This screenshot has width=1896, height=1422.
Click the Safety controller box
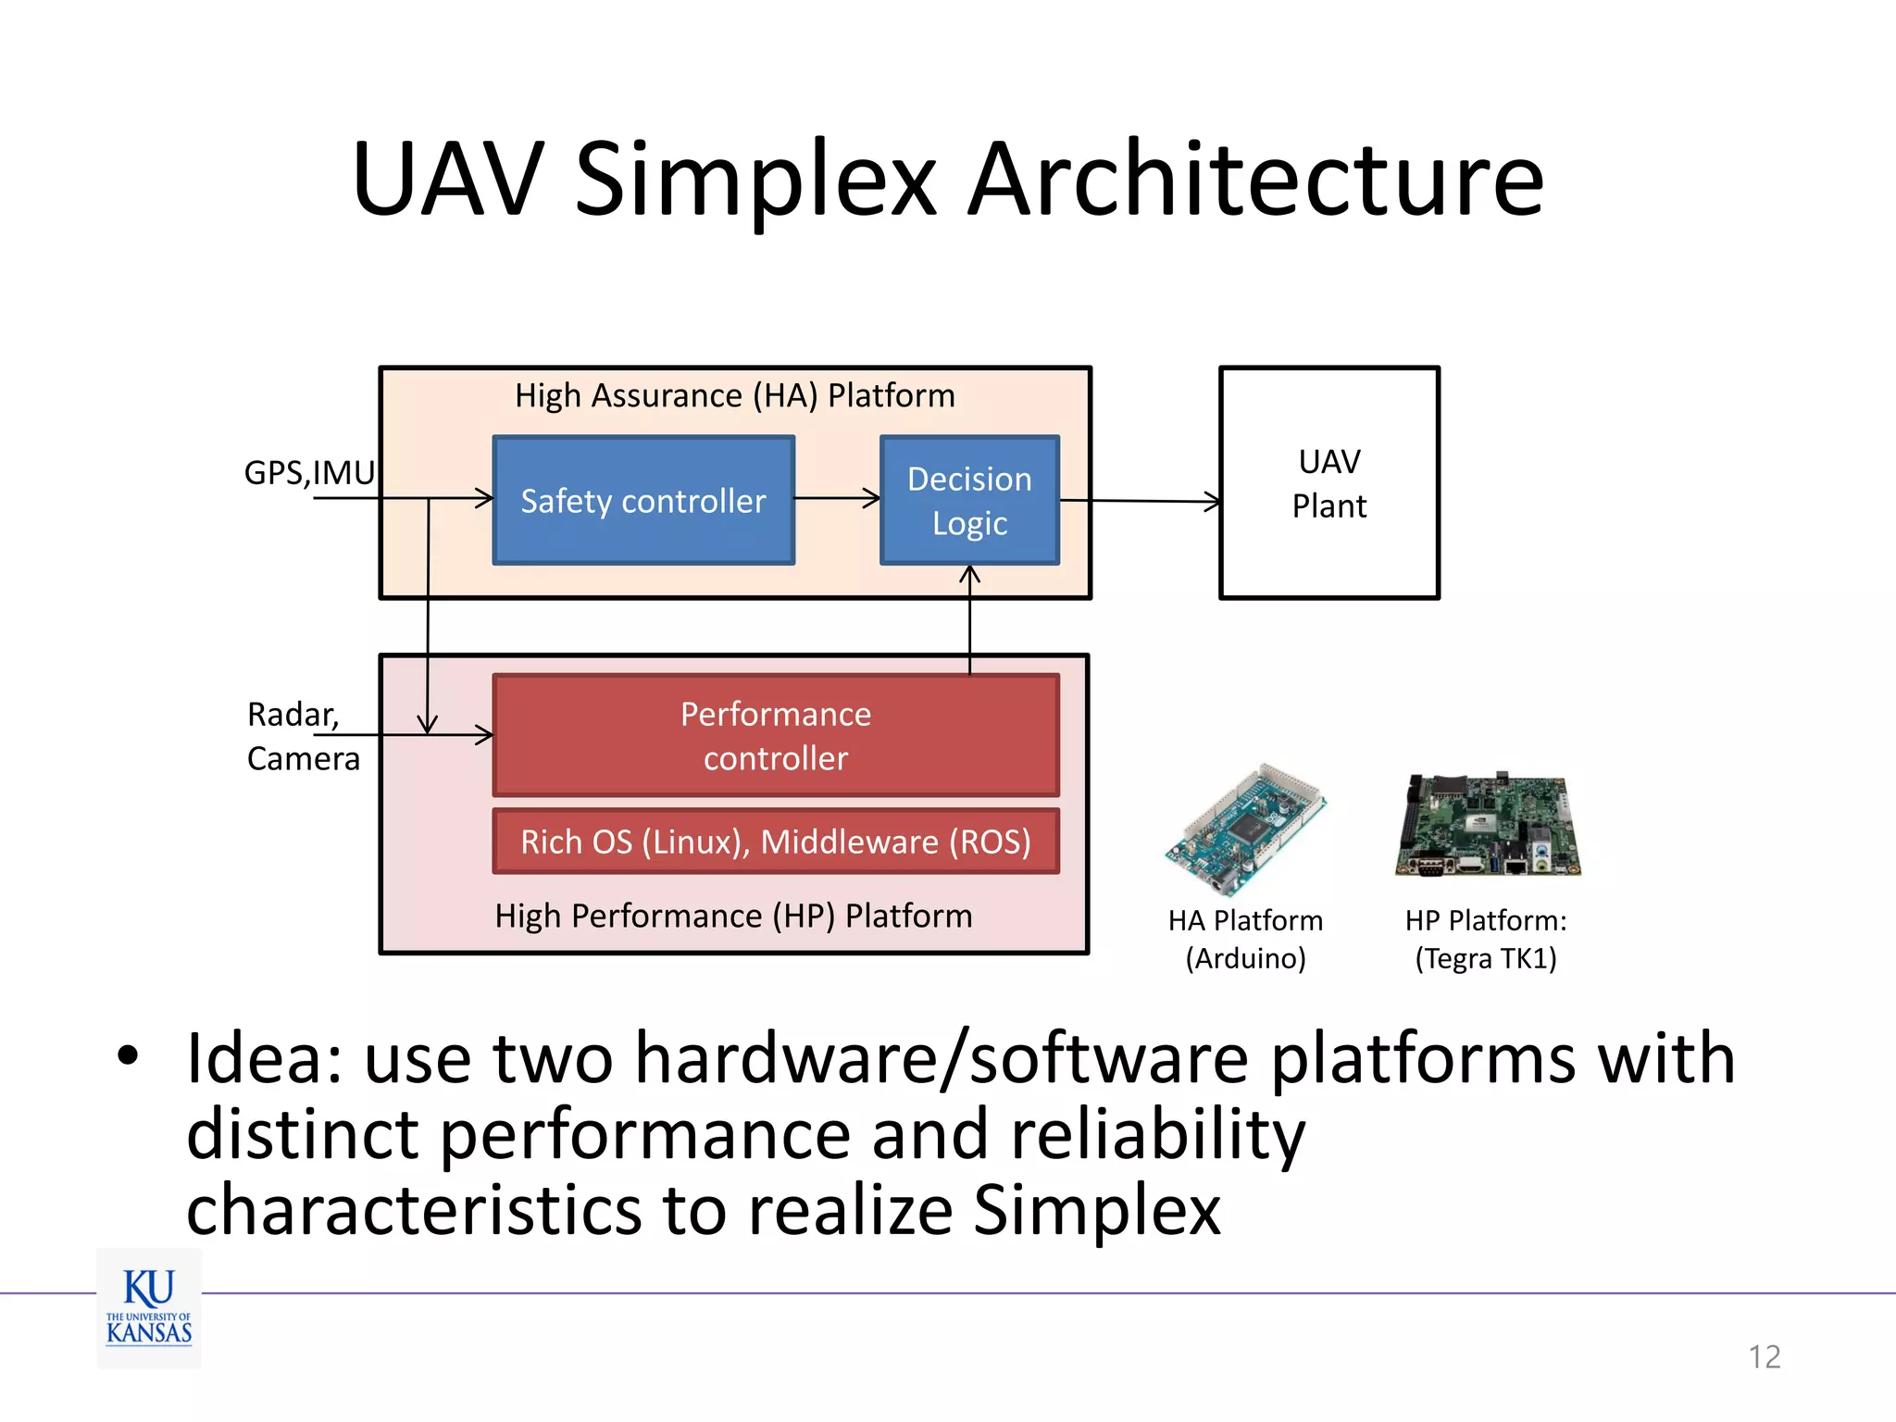point(643,500)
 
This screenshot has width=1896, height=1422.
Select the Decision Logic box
point(969,500)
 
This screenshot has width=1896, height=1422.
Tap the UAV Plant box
point(1328,483)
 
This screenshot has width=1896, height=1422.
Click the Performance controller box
point(775,735)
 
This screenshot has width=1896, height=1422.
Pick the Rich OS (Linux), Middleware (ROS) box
point(775,842)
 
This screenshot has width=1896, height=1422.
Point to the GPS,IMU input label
point(309,473)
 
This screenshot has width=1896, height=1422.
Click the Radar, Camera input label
point(302,736)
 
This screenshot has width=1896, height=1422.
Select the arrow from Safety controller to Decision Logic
point(837,498)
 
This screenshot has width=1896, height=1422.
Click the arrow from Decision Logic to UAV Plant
point(1139,501)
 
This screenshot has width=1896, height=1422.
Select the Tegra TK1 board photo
point(1487,824)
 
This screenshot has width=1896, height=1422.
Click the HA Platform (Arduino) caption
point(1245,939)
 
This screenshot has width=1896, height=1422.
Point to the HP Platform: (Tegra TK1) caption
point(1485,939)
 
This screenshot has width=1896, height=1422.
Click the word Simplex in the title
point(755,181)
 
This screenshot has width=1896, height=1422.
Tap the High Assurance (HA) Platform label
point(734,396)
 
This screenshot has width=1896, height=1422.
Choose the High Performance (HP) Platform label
point(733,916)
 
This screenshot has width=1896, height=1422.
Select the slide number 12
point(1764,1356)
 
